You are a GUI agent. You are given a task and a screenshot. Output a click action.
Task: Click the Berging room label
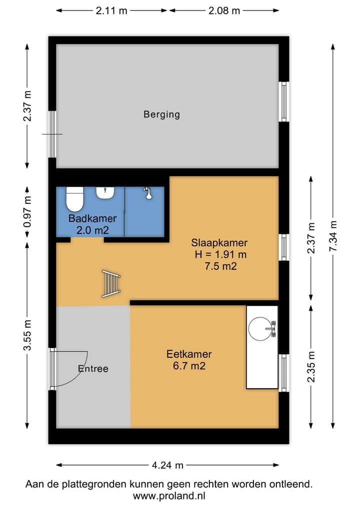point(161,114)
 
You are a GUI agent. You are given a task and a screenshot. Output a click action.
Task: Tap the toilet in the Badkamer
point(75,199)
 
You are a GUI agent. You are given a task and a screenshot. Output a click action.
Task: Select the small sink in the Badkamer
point(105,193)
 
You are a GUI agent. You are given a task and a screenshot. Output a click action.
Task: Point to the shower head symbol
point(148,193)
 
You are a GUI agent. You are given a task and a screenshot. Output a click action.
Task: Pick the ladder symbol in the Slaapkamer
point(111,284)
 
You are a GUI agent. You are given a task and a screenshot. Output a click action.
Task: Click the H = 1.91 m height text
point(220,254)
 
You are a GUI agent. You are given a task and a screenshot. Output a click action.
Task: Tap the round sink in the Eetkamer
point(261,329)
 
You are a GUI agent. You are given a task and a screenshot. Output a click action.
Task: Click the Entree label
point(93,369)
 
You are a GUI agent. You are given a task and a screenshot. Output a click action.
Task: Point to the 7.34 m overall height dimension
point(333,236)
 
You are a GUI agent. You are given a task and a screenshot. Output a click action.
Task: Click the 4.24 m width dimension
point(167,465)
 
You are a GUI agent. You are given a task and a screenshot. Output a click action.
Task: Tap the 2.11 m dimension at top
point(111,10)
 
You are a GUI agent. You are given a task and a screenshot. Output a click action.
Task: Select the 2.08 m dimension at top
point(224,10)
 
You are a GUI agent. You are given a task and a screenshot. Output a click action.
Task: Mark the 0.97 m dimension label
point(27,212)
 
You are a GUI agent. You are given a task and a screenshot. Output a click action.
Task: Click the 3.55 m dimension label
point(27,335)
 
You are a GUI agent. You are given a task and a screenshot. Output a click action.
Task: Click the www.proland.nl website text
point(169,496)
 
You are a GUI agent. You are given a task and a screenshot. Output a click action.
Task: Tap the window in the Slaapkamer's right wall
point(284,247)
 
